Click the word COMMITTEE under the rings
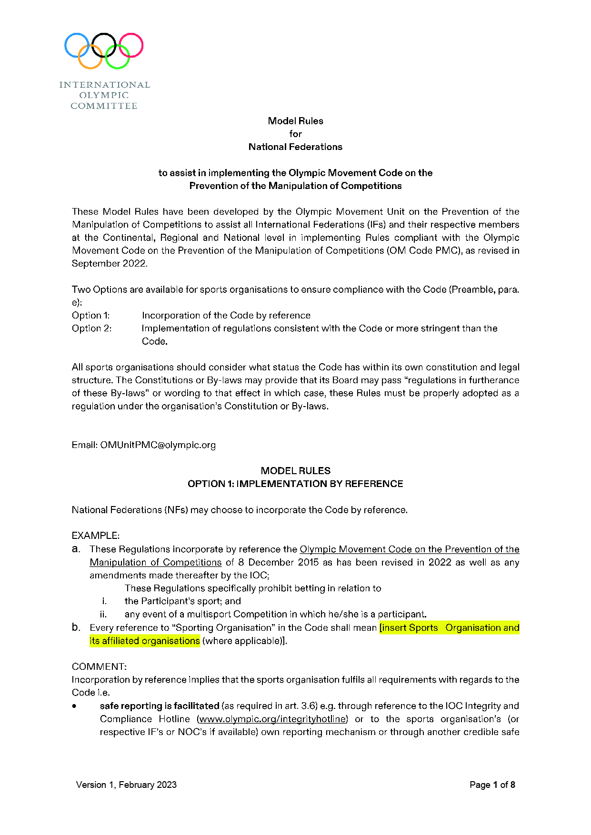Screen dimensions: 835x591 pos(104,106)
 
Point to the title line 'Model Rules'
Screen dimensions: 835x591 pos(295,121)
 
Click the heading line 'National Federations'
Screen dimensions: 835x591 pos(295,147)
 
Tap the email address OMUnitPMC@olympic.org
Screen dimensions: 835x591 pos(158,445)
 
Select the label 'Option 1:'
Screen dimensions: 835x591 pos(91,315)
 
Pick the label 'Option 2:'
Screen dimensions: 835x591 pos(92,328)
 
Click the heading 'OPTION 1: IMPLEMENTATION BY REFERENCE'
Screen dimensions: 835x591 pos(295,484)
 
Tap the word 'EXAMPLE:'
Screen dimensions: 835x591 pos(96,536)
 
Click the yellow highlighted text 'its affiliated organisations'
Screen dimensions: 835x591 pos(145,641)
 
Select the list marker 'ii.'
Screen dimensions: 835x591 pos(103,614)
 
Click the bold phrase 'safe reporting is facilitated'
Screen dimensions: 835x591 pos(160,706)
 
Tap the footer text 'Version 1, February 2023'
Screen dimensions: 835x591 pos(126,785)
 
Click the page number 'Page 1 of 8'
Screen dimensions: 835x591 pos(492,785)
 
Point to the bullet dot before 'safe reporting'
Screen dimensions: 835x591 pos(75,706)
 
